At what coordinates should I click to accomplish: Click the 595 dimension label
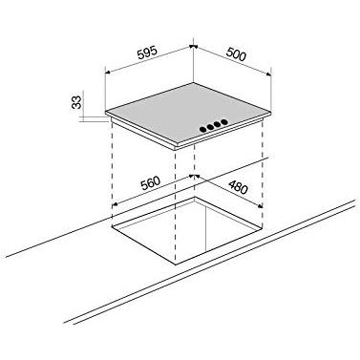pos(147,53)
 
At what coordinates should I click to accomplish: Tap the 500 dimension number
pos(236,53)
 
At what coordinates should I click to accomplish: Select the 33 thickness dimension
pos(76,102)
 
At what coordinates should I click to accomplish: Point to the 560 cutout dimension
pos(150,183)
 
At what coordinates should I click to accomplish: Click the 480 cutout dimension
pos(238,187)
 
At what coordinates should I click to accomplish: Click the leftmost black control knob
pos(202,129)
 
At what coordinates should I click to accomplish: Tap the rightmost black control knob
pos(224,121)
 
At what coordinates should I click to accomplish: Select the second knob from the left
pos(210,127)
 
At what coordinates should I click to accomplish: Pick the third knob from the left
pos(217,124)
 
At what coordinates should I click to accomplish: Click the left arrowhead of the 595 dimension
pos(108,73)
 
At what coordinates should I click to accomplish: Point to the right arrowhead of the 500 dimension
pos(268,74)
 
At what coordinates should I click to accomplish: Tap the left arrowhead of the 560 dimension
pos(116,203)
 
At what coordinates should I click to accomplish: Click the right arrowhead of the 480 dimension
pos(260,206)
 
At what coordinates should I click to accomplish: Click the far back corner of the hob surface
pos(193,83)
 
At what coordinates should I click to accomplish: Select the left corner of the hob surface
pos(106,112)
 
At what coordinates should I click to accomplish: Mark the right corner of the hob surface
pos(271,112)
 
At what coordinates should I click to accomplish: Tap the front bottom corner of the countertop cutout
pos(176,265)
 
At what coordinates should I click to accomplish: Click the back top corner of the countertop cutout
pos(194,198)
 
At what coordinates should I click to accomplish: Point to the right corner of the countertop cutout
pos(263,228)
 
